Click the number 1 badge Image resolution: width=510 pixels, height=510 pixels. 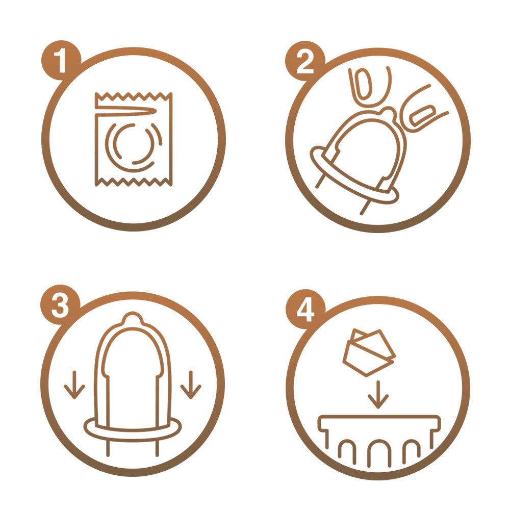click(x=61, y=61)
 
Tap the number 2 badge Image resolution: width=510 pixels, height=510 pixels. click(x=305, y=61)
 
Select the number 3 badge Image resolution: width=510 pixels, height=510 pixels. click(x=60, y=305)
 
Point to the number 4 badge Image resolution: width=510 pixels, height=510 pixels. click(x=305, y=310)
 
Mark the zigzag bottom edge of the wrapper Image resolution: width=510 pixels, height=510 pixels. click(x=133, y=182)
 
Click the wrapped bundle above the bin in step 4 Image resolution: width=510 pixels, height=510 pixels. click(x=369, y=353)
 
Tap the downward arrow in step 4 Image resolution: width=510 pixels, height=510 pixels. click(x=378, y=395)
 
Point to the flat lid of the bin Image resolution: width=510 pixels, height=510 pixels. click(x=379, y=422)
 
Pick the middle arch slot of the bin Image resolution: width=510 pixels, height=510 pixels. click(x=378, y=442)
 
